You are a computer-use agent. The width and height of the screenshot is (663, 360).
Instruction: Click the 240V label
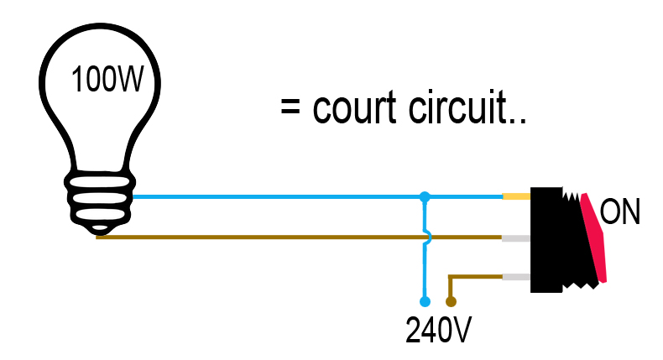click(438, 331)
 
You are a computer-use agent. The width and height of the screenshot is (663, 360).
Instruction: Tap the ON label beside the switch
click(620, 212)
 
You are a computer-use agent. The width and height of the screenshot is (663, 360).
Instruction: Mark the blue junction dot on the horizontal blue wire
click(425, 197)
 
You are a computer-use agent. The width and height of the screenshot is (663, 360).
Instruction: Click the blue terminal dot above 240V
click(425, 301)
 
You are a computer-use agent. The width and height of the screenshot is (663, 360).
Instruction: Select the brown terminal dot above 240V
click(451, 301)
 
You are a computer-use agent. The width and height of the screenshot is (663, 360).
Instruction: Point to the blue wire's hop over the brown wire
click(427, 237)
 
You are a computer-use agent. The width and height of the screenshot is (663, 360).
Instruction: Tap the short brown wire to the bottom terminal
click(475, 276)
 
